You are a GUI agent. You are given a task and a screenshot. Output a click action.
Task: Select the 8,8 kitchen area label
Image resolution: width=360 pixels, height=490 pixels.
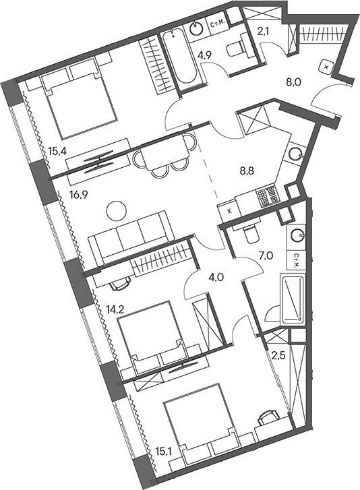(x=247, y=170)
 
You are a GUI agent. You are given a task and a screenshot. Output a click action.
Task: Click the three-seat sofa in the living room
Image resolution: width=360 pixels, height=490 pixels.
(x=131, y=237)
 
